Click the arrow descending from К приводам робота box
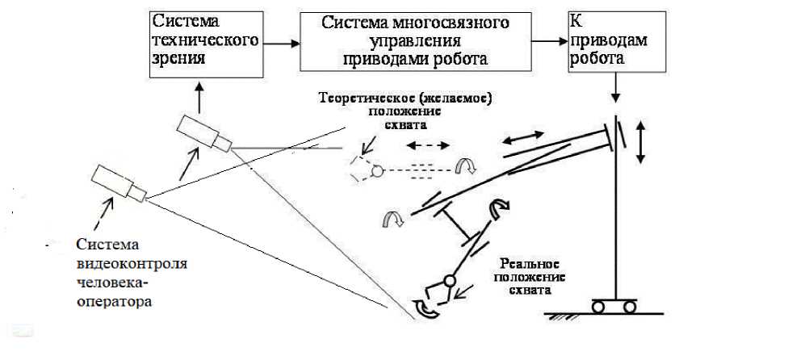(616, 88)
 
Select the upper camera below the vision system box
(204, 132)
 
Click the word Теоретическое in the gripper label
(361, 98)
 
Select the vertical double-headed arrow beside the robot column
(642, 143)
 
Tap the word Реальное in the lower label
(530, 264)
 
